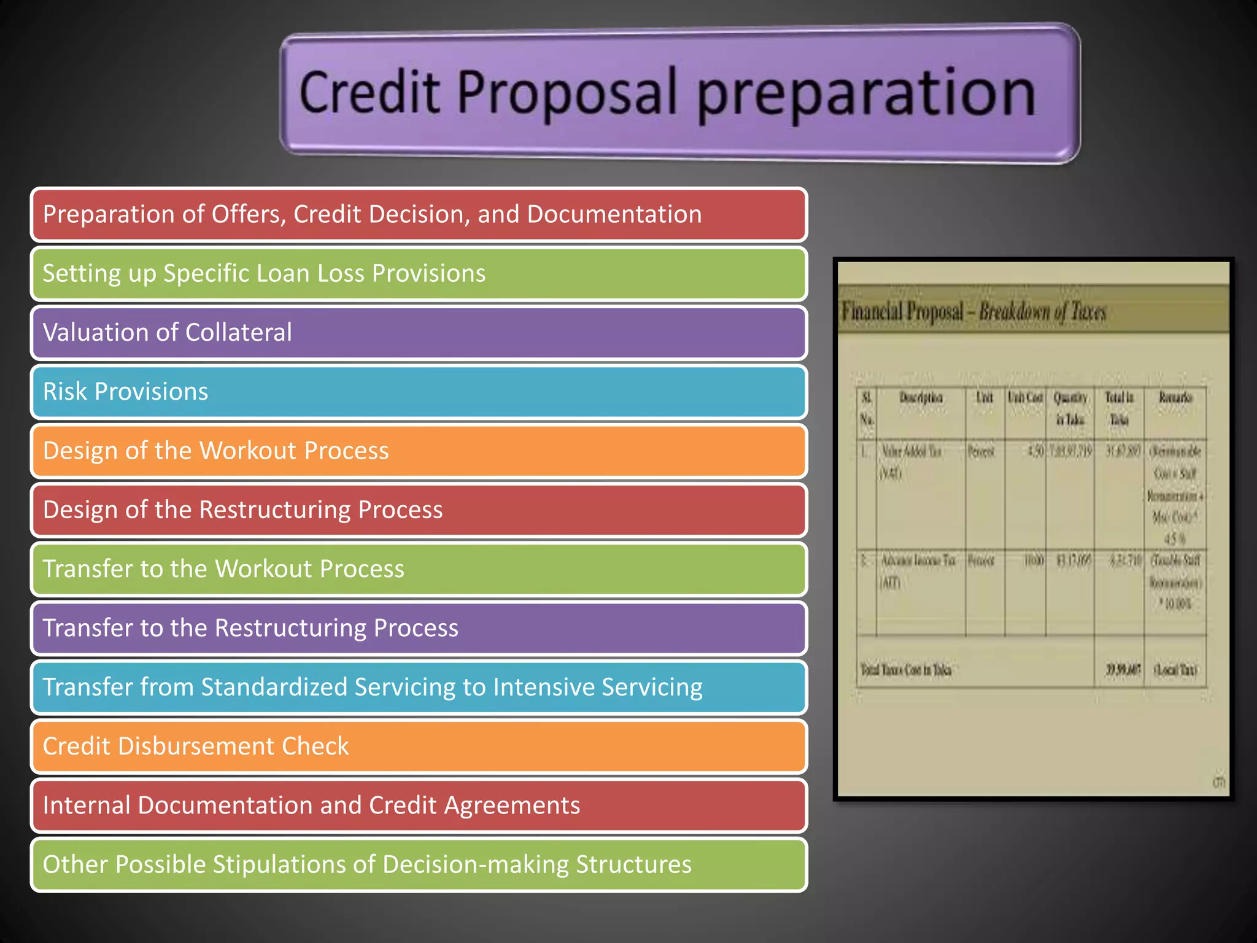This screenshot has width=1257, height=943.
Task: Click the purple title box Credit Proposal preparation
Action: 679,94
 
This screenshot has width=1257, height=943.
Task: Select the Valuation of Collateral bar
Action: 419,333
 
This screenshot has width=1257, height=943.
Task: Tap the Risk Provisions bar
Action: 419,392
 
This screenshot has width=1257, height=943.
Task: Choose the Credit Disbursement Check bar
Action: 419,746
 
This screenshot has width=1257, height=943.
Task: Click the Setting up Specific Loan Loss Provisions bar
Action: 419,274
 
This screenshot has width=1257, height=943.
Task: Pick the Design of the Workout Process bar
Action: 419,451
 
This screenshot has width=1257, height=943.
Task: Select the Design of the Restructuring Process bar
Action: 419,510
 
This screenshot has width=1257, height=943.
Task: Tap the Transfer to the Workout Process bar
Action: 419,569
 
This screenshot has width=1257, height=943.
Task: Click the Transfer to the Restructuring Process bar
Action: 419,628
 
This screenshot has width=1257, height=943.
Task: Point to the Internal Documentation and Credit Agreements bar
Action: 419,805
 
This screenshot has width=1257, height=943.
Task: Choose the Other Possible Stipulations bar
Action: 419,864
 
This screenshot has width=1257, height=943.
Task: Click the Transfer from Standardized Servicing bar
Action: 419,687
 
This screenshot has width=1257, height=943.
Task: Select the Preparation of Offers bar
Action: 419,214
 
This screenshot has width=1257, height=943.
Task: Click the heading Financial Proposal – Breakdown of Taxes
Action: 973,312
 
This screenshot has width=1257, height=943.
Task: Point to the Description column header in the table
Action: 921,398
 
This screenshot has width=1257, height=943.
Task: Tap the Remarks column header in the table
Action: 1175,398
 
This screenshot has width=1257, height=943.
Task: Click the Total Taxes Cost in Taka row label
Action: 906,670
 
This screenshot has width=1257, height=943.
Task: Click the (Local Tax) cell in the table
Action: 1175,670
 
